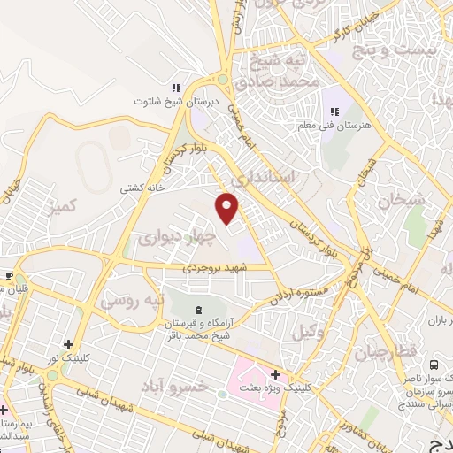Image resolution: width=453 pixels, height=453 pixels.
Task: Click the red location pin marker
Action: pos(227,207)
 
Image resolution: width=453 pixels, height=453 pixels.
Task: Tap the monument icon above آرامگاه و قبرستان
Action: pos(198,309)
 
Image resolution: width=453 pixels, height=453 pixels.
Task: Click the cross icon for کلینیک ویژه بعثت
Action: pos(276,374)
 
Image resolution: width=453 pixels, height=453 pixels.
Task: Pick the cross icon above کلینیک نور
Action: pos(69,343)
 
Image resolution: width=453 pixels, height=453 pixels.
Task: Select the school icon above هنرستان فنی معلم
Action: pos(334,111)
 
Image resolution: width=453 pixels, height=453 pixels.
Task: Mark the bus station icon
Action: pos(434,364)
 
